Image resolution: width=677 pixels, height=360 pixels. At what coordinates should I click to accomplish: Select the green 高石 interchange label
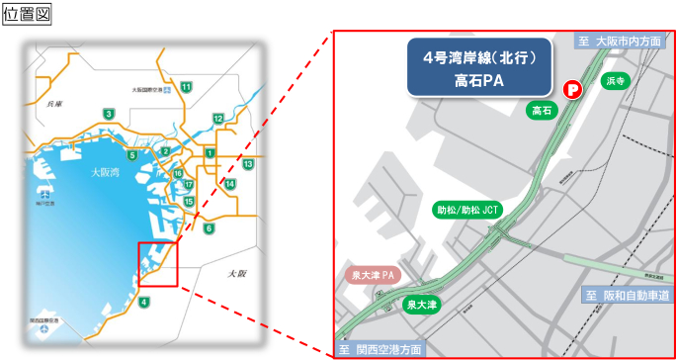click(541, 110)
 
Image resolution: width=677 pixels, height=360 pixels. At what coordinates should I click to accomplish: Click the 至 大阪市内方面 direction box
click(623, 41)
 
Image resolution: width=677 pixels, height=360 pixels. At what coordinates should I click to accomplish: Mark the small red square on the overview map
click(157, 264)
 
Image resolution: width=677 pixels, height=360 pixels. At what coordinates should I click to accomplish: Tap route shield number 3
click(108, 115)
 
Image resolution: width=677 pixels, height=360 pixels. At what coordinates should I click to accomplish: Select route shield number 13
click(248, 164)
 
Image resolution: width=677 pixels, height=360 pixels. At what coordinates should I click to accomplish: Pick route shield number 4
click(144, 302)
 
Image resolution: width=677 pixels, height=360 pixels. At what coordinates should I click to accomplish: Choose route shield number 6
click(209, 229)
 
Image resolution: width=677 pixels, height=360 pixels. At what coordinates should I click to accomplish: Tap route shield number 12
click(217, 119)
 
